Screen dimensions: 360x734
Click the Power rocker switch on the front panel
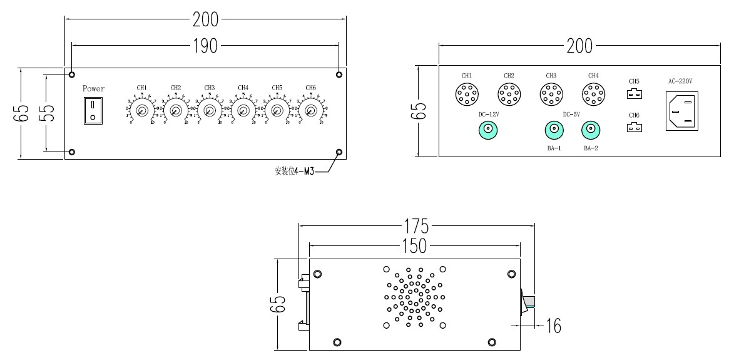coord(93,110)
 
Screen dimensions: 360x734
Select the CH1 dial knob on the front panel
coord(142,111)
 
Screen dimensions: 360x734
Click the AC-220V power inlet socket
coord(681,111)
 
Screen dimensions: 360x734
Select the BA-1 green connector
coord(553,130)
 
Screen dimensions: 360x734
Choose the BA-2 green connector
coord(589,130)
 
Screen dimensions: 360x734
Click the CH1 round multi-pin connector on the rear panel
coord(466,95)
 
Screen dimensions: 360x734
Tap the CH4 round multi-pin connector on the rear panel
coord(593,95)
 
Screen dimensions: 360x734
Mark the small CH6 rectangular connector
coord(634,128)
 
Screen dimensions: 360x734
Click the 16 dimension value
coord(553,326)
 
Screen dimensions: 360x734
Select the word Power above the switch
coord(93,89)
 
